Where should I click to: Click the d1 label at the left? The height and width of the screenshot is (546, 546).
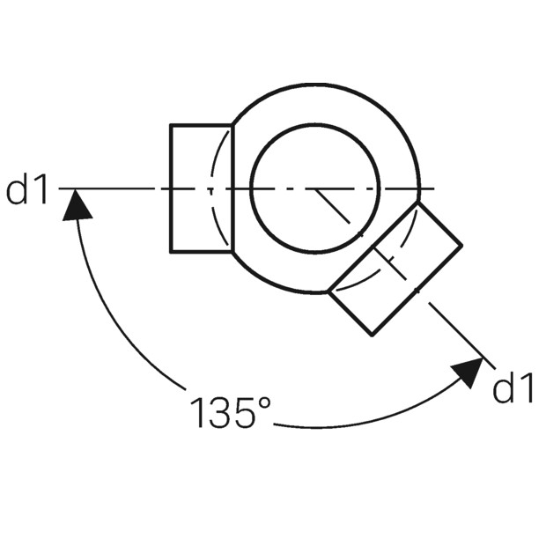pos(27,190)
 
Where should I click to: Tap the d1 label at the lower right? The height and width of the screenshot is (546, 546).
pos(513,388)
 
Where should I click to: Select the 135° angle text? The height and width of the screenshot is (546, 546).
pos(230,412)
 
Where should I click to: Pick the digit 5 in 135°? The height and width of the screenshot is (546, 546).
pos(245,413)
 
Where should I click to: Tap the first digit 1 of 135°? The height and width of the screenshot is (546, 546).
pos(198,413)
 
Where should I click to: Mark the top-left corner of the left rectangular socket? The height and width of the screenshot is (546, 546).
pos(171,124)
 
